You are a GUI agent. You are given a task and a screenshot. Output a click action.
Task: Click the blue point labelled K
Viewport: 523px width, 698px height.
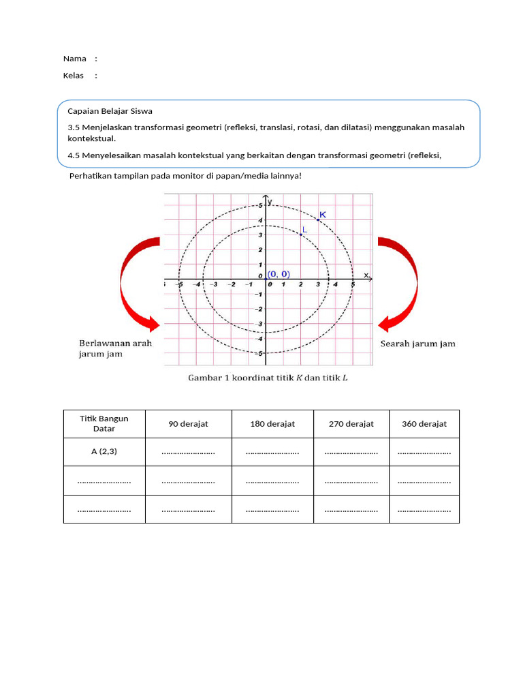pos(318,219)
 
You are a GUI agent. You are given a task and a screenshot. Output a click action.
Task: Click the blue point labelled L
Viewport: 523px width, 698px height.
pos(300,234)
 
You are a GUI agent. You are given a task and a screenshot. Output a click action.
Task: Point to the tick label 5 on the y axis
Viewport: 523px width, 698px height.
pos(260,205)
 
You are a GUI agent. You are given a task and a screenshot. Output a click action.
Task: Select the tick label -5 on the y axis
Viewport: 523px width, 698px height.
pos(259,353)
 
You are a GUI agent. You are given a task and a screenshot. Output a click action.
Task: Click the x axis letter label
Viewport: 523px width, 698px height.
pos(366,275)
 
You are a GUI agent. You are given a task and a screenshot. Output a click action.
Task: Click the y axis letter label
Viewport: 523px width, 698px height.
pos(270,201)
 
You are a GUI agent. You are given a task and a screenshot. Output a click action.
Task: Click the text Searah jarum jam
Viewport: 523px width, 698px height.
pos(417,344)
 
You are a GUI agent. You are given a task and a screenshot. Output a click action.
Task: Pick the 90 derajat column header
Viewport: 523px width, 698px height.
pos(188,424)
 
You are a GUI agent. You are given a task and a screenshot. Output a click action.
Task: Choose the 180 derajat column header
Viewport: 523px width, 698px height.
pos(272,424)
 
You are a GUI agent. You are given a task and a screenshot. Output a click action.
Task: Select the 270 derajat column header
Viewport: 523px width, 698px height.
pos(351,424)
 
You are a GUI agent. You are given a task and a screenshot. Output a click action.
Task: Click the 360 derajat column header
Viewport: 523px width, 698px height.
pos(424,424)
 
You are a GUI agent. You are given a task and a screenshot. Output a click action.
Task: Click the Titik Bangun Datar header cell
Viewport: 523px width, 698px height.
pos(104,423)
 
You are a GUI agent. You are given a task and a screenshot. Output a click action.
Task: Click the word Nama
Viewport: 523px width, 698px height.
pos(74,59)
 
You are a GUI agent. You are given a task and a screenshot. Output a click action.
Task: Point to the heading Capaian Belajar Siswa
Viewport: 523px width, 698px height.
pos(110,110)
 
